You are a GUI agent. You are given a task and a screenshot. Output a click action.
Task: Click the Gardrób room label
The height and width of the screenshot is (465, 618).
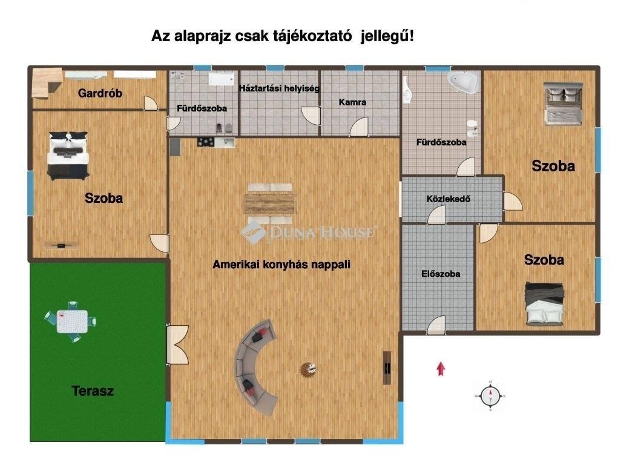click(100, 93)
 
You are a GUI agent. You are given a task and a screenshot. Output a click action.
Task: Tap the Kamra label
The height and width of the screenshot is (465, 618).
click(352, 102)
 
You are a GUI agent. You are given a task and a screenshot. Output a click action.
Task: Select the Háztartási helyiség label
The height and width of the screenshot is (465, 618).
click(279, 88)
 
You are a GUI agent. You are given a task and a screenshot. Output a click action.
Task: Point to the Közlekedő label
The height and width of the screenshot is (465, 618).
click(448, 199)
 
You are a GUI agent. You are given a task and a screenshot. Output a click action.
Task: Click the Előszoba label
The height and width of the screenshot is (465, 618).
click(441, 274)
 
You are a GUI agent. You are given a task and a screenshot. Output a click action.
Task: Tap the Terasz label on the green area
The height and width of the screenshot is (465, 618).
click(93, 391)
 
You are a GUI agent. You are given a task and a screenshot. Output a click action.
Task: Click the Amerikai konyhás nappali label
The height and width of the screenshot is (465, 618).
click(281, 264)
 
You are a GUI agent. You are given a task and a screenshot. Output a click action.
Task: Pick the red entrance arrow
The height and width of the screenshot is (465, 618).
click(441, 369)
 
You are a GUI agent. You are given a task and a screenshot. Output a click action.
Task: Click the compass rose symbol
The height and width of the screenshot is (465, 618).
click(490, 396)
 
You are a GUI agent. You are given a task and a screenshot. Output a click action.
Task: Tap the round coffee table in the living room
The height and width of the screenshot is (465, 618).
click(309, 369)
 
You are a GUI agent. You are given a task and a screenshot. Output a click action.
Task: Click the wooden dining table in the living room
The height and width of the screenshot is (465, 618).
click(270, 203)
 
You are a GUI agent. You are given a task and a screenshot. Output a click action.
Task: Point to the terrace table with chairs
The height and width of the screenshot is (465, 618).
click(71, 322)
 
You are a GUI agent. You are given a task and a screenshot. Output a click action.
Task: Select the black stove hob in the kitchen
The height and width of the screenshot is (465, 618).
click(206, 142)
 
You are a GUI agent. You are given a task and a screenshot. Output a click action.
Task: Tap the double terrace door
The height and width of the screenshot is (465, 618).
click(178, 345)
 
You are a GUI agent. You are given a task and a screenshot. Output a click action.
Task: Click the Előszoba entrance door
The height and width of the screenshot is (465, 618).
click(436, 326)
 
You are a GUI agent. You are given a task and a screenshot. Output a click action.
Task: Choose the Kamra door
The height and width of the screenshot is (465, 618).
click(359, 127)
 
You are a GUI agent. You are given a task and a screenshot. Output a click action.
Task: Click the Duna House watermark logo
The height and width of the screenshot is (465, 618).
click(308, 232)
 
